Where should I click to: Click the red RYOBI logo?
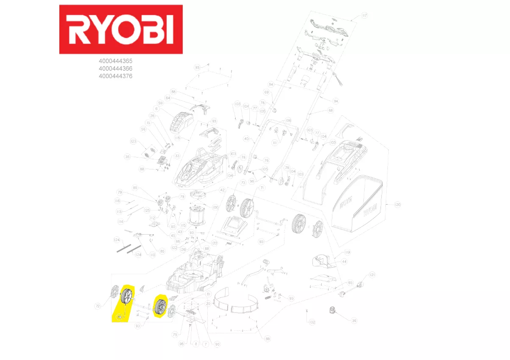point(121,29)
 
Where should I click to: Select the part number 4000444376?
point(115,76)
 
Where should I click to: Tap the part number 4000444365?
point(115,61)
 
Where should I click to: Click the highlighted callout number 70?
point(119,316)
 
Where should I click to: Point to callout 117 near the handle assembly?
point(365,16)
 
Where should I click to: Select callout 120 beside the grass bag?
point(397,205)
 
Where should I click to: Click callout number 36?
point(354,321)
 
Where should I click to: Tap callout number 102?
point(312,323)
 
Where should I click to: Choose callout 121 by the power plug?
point(372,275)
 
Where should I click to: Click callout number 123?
point(133,141)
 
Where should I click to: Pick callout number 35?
point(127,157)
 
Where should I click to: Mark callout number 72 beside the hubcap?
point(98,305)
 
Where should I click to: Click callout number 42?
point(222,190)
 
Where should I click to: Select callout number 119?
point(348,253)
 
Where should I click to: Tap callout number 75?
point(175,335)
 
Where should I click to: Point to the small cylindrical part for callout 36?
point(332,310)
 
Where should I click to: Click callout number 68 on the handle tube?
point(331,111)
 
